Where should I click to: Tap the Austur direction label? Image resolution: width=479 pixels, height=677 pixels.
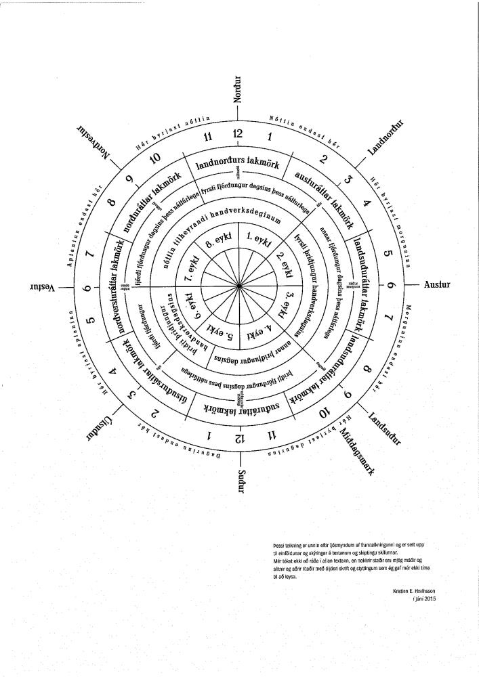pyautogui.click(x=437, y=284)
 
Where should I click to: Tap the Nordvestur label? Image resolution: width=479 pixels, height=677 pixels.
pyautogui.click(x=93, y=139)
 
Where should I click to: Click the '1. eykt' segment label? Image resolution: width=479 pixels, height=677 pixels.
pyautogui.click(x=258, y=240)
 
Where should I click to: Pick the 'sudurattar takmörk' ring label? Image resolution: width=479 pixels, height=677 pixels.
pyautogui.click(x=239, y=409)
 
